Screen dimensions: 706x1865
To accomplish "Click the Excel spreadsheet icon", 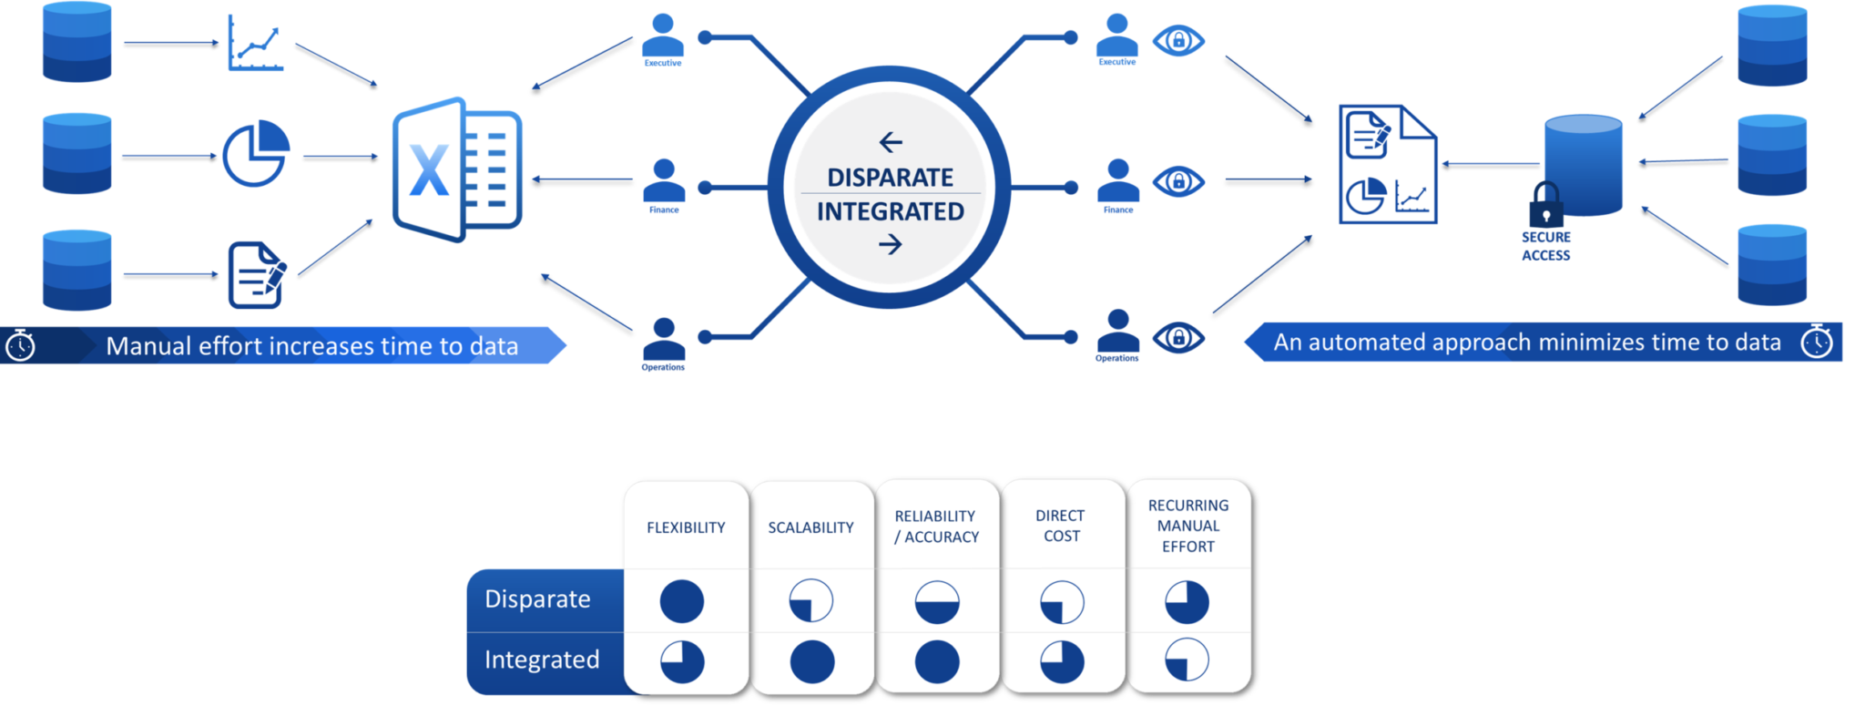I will click(x=456, y=169).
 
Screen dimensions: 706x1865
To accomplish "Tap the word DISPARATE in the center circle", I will click(x=890, y=177).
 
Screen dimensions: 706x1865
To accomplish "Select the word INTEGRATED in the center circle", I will click(x=890, y=211).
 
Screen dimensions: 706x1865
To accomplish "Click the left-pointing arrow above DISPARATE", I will click(x=891, y=142).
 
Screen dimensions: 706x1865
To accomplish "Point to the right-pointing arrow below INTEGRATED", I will click(x=891, y=244).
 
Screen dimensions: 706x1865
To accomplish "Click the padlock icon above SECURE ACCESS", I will click(x=1545, y=206).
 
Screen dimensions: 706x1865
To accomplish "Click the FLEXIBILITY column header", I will click(x=686, y=527).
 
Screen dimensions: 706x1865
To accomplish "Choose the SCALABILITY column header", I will click(x=810, y=527).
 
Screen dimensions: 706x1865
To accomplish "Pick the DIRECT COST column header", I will click(x=1061, y=526).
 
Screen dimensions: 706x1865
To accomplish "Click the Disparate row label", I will click(x=537, y=599).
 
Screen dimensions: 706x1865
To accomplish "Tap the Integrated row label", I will click(x=542, y=660).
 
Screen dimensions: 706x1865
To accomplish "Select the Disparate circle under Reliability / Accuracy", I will click(x=936, y=602).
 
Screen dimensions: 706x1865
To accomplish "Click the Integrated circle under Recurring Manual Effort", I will click(x=1187, y=660).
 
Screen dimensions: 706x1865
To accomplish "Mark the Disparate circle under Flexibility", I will click(x=681, y=601).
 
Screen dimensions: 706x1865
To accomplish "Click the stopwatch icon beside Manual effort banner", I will click(x=20, y=346).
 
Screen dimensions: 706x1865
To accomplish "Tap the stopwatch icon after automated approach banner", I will click(x=1816, y=342).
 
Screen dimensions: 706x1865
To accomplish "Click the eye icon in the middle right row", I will click(x=1177, y=181).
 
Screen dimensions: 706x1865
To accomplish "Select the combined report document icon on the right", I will click(x=1386, y=164).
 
